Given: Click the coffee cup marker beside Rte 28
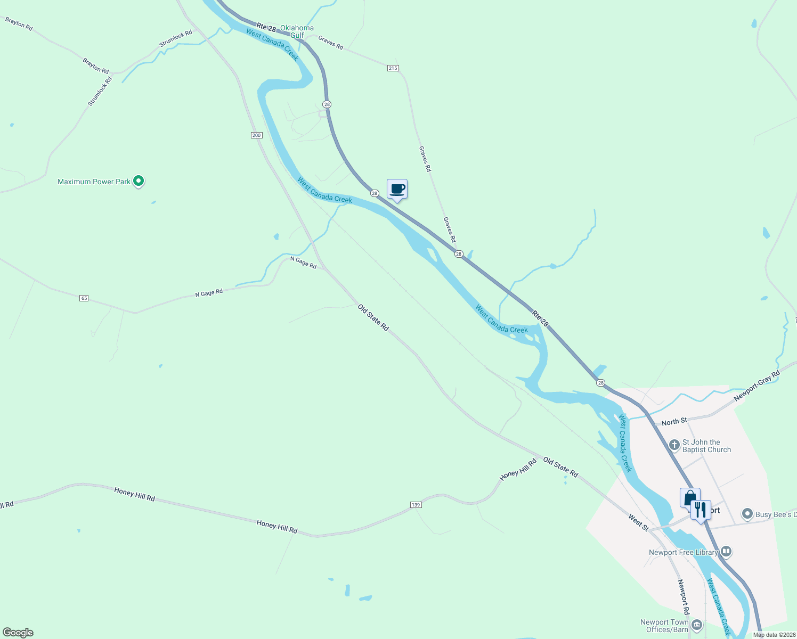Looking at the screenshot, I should [397, 189].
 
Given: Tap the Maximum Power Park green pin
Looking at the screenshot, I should [139, 182].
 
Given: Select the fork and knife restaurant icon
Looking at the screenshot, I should [701, 510].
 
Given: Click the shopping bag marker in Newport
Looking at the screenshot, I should [690, 498].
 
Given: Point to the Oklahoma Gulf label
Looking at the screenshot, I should [297, 31].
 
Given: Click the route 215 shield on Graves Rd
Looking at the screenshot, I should [393, 68].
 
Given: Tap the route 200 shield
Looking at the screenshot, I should [257, 135].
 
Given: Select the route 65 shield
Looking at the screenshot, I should [84, 298].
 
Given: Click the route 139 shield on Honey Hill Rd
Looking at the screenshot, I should [416, 504].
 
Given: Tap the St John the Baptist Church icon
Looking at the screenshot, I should [674, 445].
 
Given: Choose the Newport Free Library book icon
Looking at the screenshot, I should [726, 552].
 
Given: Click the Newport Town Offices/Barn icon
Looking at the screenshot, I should [696, 625].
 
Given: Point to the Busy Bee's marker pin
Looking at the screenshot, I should [747, 514].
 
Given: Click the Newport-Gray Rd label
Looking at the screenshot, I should [757, 386].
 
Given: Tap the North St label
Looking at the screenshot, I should [674, 422].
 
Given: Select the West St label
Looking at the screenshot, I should [638, 522].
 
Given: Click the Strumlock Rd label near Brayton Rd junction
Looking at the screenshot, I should [100, 91].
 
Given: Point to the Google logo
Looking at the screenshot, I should [18, 633].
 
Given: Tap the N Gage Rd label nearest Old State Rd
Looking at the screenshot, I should [303, 262].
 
